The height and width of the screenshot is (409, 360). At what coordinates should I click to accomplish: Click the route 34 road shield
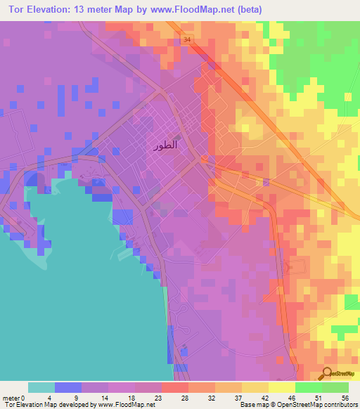click(x=186, y=40)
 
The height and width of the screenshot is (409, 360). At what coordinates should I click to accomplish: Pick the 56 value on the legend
click(x=344, y=397)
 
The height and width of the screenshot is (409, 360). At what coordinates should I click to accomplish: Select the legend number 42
click(x=262, y=397)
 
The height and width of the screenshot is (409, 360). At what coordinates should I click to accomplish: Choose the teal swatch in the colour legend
click(x=41, y=387)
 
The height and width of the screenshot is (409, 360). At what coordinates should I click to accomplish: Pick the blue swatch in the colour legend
click(x=68, y=387)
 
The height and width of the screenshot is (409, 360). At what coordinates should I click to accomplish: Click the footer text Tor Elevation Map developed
click(x=42, y=405)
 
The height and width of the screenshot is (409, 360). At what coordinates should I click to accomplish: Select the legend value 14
click(x=103, y=397)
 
